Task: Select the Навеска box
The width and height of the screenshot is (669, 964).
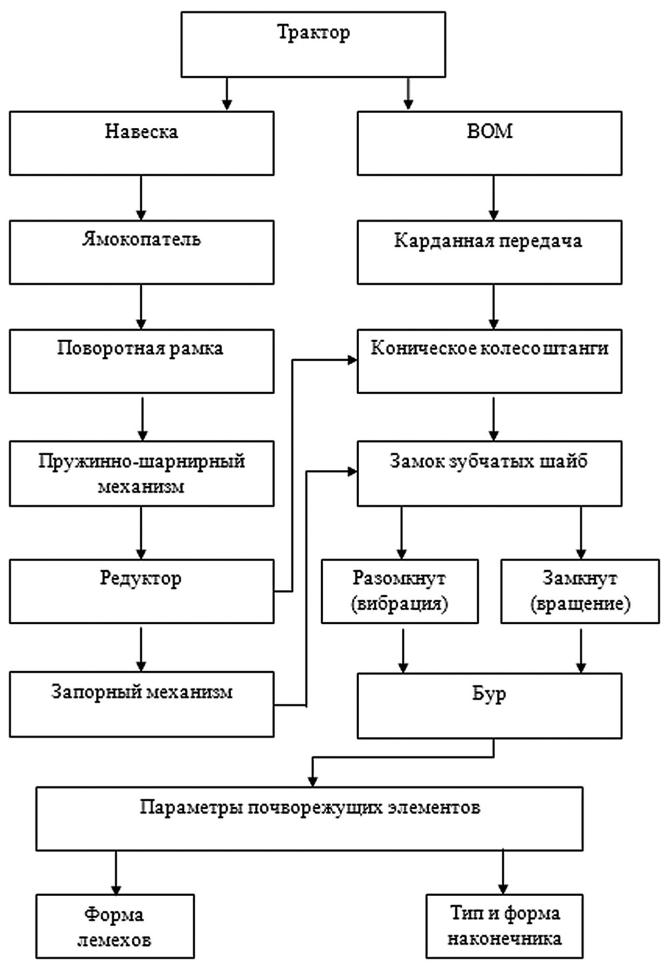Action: pyautogui.click(x=141, y=143)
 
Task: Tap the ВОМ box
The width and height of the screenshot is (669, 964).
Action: pyautogui.click(x=489, y=143)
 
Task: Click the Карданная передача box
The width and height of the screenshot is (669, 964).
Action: pyautogui.click(x=489, y=252)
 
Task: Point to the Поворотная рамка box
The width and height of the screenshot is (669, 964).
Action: pyautogui.click(x=141, y=360)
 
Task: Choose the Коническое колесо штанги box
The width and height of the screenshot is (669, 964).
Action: pyautogui.click(x=489, y=360)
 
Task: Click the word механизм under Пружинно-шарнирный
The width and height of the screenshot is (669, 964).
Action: pyautogui.click(x=141, y=487)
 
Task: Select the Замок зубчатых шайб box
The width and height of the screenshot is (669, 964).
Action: pyautogui.click(x=489, y=473)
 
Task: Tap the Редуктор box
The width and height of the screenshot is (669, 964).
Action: pyautogui.click(x=141, y=591)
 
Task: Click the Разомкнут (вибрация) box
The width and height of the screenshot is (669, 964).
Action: pyautogui.click(x=400, y=591)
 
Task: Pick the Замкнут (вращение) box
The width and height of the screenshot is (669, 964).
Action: pyautogui.click(x=580, y=591)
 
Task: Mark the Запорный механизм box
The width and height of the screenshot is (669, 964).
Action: pyautogui.click(x=141, y=704)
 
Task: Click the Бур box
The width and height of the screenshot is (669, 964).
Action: pyautogui.click(x=489, y=706)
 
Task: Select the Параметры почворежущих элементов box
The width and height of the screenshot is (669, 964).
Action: pyautogui.click(x=309, y=820)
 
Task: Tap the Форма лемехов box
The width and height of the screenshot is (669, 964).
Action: pyautogui.click(x=115, y=927)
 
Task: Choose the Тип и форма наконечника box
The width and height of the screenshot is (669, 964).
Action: pyautogui.click(x=504, y=926)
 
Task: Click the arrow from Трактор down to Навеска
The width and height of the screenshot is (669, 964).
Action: pyautogui.click(x=227, y=94)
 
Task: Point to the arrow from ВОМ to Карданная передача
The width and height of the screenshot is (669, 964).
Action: pyautogui.click(x=493, y=198)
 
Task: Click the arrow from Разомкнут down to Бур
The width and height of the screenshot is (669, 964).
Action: pyautogui.click(x=402, y=649)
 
